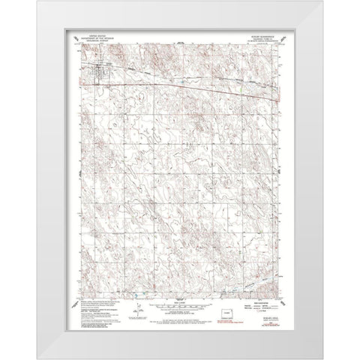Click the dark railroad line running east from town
pos(187,78)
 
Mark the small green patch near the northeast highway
pos(241,89)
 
